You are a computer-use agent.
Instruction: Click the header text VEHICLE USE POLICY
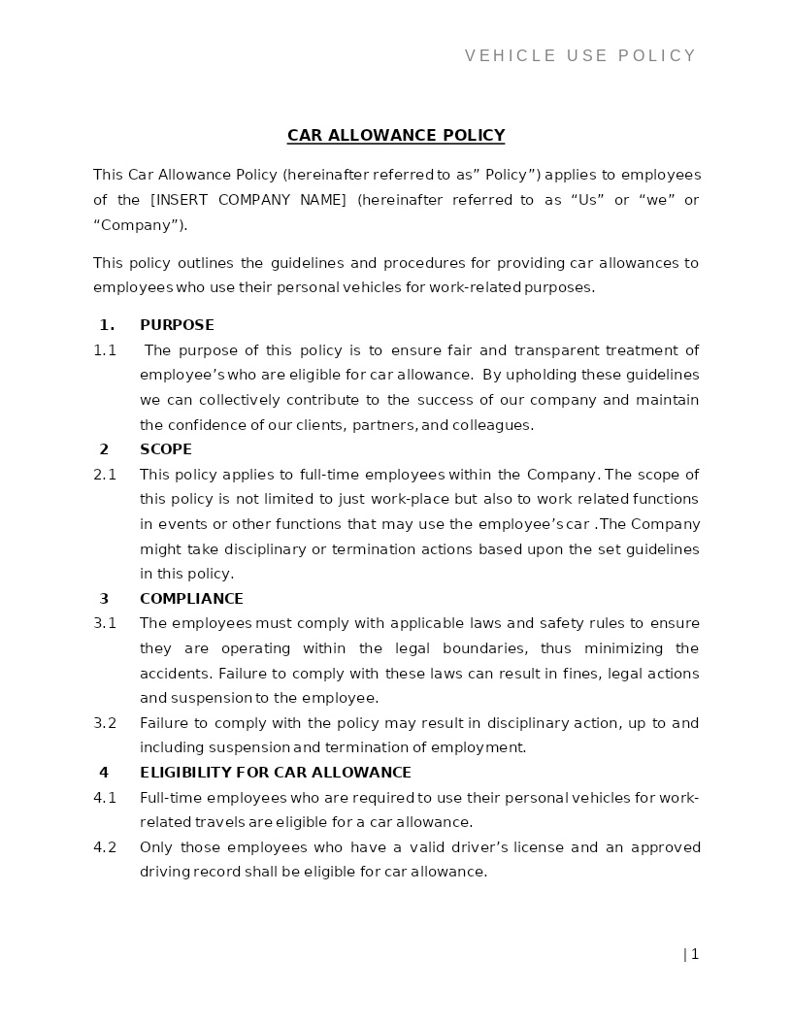[x=580, y=56]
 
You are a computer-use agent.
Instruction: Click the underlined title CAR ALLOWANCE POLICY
[x=396, y=136]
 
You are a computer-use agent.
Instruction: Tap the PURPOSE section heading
[x=177, y=325]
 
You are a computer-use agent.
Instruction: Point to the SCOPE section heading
[x=166, y=449]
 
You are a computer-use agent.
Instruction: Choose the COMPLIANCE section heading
[x=191, y=599]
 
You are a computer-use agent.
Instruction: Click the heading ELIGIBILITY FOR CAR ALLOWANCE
[x=276, y=773]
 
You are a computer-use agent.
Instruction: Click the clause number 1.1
[x=105, y=350]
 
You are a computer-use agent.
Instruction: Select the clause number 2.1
[x=105, y=475]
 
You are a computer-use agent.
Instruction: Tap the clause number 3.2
[x=105, y=723]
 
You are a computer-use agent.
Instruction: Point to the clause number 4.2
[x=105, y=847]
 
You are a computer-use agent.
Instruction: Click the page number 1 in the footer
[x=694, y=954]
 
